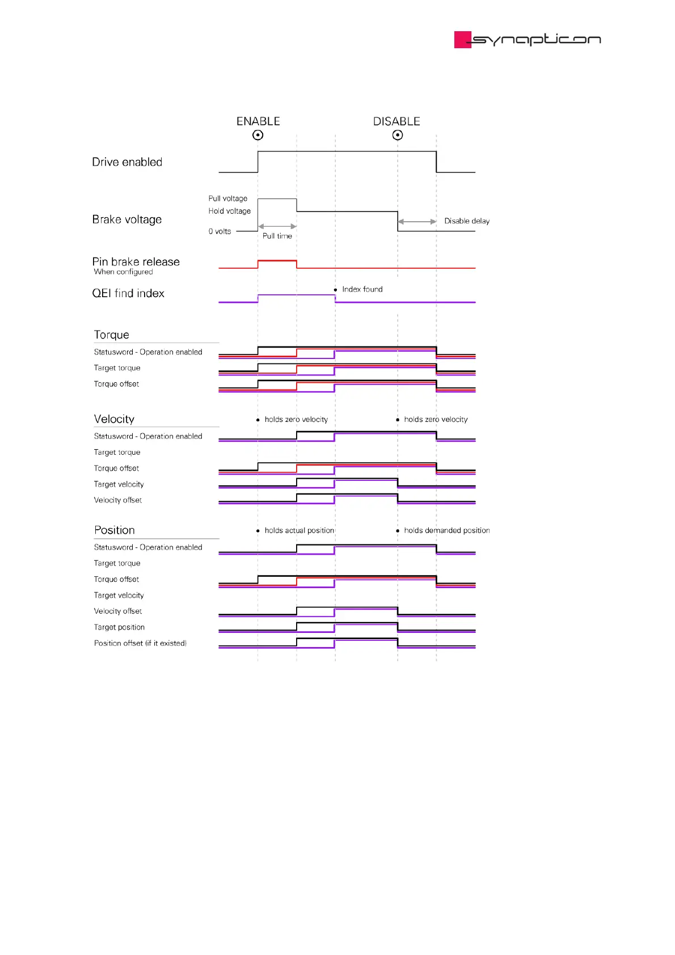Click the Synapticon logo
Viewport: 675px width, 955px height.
point(527,39)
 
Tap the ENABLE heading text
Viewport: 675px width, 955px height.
point(258,121)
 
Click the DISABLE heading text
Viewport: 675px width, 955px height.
point(396,121)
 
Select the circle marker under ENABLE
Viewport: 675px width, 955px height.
point(258,135)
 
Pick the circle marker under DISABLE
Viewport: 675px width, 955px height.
point(398,135)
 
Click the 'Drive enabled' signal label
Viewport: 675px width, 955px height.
point(127,162)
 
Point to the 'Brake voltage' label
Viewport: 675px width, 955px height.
point(127,219)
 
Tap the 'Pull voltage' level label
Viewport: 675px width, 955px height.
point(227,198)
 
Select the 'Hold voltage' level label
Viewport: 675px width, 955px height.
point(229,211)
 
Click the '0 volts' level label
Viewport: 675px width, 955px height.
point(220,231)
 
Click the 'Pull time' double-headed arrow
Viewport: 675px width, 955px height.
point(277,226)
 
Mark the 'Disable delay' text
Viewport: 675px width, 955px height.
point(467,221)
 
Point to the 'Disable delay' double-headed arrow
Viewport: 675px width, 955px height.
point(417,222)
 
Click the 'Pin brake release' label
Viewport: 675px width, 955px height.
point(136,262)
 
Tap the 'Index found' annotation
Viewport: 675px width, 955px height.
point(362,289)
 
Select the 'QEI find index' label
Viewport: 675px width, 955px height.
point(128,293)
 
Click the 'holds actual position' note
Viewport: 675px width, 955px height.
point(299,530)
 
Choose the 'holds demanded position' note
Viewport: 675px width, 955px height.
point(446,530)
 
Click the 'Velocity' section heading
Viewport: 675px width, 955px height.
point(114,419)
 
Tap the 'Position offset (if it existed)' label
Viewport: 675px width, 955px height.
point(140,643)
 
